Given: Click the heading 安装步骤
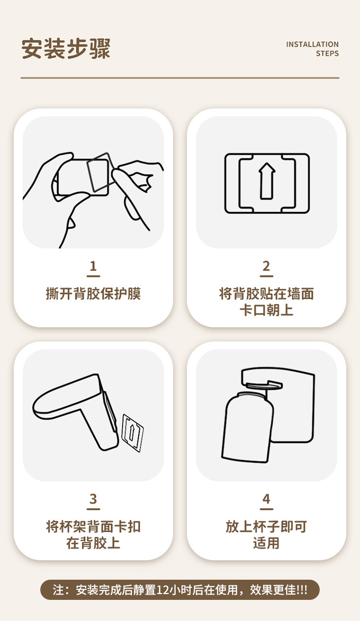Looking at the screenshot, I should tap(66, 49).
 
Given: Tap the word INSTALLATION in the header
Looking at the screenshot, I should tap(312, 44).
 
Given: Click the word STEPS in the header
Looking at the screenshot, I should tap(327, 54).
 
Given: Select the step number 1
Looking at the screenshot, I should tap(93, 266).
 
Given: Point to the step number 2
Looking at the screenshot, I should tap(266, 266).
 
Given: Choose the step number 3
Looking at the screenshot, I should tap(93, 499).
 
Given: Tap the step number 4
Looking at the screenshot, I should tap(266, 499).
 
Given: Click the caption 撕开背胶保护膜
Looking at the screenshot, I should tap(93, 293).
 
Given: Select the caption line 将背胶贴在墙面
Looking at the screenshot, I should tap(266, 293).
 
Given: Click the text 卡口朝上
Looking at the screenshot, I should tap(266, 310).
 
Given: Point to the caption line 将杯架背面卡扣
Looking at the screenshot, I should tap(93, 526).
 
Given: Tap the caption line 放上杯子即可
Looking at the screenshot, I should tap(266, 526).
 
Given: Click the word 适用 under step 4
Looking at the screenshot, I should tap(266, 543).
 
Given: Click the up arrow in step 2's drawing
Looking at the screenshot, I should tap(267, 181).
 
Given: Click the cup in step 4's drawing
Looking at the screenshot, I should tap(248, 427).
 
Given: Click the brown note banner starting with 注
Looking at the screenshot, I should tap(180, 590).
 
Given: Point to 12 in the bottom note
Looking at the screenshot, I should tap(162, 590).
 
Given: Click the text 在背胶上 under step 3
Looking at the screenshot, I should tap(93, 543).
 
